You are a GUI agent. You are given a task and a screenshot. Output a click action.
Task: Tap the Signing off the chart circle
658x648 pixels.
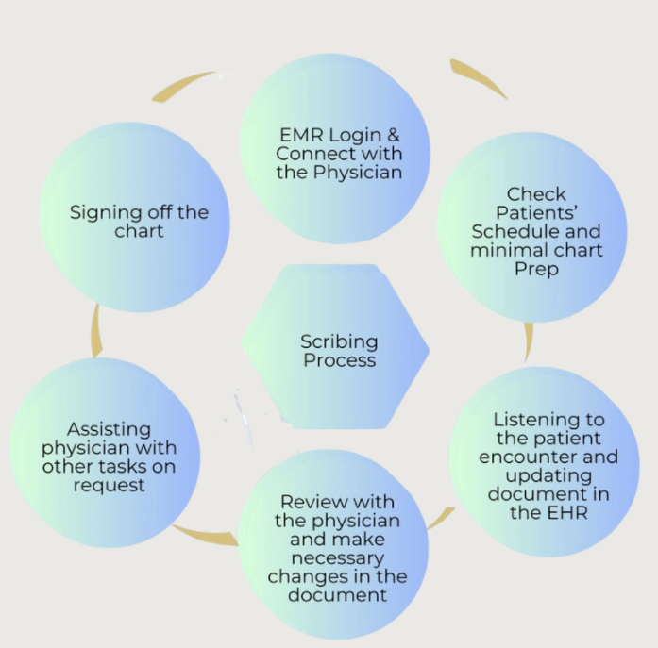click(139, 219)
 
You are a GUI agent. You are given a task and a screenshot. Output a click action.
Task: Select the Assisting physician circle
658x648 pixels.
click(108, 456)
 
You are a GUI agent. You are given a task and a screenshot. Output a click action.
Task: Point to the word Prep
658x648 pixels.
click(536, 268)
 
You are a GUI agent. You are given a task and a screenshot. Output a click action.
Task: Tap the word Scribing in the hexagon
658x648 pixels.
click(339, 341)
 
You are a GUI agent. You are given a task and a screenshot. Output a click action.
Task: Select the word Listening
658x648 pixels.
click(548, 420)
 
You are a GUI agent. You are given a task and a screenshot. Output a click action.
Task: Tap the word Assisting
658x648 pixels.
click(109, 429)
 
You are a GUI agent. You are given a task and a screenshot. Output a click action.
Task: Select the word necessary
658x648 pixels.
click(337, 557)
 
